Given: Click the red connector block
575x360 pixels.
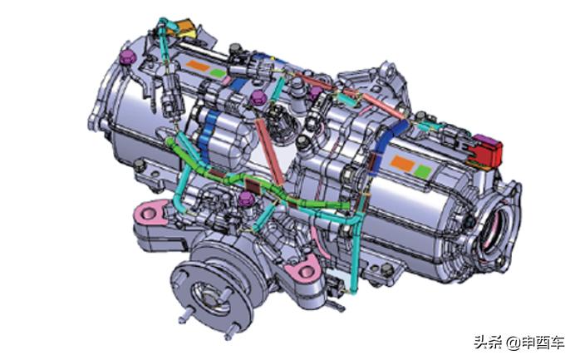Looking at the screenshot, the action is tap(487, 150).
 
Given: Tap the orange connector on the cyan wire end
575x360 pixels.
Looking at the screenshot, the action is tap(184, 27).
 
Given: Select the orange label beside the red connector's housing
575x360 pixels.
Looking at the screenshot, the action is tap(402, 163).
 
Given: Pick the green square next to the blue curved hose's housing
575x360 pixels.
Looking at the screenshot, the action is tap(423, 171).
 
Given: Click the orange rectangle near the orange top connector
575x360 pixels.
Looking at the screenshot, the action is tap(197, 67).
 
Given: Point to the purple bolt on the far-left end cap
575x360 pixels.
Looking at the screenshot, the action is tap(128, 57).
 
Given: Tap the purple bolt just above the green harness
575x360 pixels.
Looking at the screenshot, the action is tap(246, 200).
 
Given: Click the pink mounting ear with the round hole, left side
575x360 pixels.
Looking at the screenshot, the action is tap(150, 212).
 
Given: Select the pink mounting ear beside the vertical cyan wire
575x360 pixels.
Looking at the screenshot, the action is tap(304, 270).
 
